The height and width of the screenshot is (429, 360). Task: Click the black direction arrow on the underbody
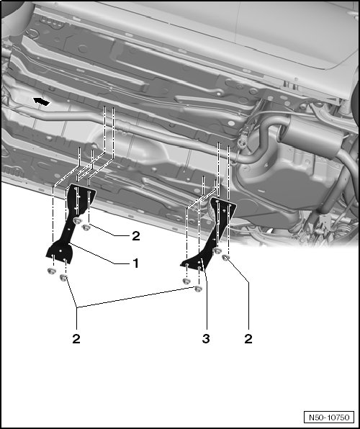(x=41, y=101)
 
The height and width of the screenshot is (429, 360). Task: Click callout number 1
(x=135, y=263)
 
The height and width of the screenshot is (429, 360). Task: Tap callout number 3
(x=206, y=339)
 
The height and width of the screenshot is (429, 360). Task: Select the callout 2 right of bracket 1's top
(x=136, y=236)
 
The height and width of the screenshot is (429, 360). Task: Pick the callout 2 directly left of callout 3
(x=76, y=339)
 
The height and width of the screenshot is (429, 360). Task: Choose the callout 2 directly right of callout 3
(x=248, y=339)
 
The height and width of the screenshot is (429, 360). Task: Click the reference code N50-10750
(x=329, y=417)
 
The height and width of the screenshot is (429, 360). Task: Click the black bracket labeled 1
(x=68, y=227)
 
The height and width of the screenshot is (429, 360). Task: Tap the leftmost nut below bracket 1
(x=51, y=271)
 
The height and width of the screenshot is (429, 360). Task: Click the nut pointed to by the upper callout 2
(x=86, y=227)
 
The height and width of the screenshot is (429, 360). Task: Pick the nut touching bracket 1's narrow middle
(x=78, y=220)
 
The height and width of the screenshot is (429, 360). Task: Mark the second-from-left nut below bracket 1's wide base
(x=63, y=278)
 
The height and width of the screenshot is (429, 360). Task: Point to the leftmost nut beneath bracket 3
(x=186, y=281)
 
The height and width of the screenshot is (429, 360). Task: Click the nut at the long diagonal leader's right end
(x=198, y=289)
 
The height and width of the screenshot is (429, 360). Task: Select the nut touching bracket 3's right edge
(x=217, y=250)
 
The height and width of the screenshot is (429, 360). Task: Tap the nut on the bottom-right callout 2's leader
(x=225, y=258)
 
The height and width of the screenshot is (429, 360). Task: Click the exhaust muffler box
(x=310, y=135)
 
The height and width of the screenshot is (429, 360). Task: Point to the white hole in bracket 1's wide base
(x=60, y=250)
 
